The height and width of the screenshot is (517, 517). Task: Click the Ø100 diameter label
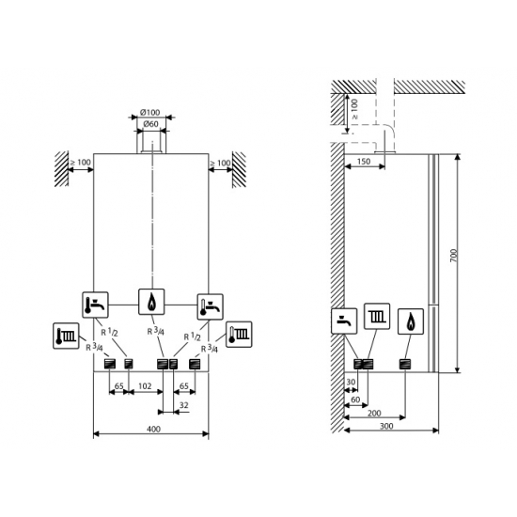click(150, 113)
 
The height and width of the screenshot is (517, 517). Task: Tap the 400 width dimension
click(152, 429)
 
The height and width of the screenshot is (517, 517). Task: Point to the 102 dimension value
click(145, 385)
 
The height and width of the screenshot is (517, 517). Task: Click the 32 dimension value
click(182, 406)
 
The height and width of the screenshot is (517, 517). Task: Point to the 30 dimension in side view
click(351, 383)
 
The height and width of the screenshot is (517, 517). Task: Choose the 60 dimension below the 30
click(355, 399)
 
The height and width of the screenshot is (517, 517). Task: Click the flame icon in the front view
click(151, 303)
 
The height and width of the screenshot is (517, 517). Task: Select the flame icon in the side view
click(412, 321)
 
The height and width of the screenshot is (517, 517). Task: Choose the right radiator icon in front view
click(238, 334)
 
